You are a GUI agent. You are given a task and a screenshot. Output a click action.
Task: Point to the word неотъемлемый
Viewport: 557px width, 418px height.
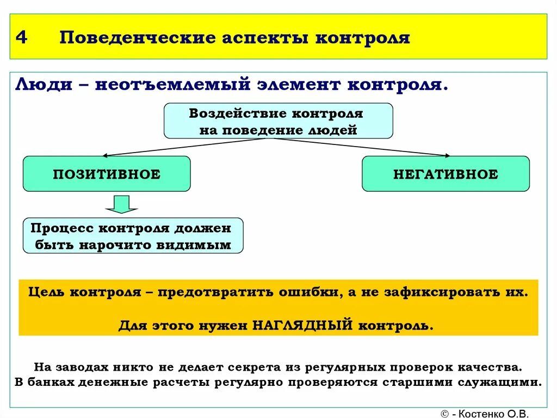pos(173,85)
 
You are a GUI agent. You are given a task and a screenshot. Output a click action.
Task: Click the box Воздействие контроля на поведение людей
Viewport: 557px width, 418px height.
pos(278,121)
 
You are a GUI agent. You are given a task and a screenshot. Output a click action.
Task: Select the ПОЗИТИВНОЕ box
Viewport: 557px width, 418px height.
pos(107,174)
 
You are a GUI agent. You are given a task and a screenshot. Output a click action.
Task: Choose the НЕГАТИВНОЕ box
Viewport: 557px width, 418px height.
pos(445,174)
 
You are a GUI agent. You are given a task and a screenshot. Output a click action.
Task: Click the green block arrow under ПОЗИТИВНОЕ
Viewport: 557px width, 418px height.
pos(121,204)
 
